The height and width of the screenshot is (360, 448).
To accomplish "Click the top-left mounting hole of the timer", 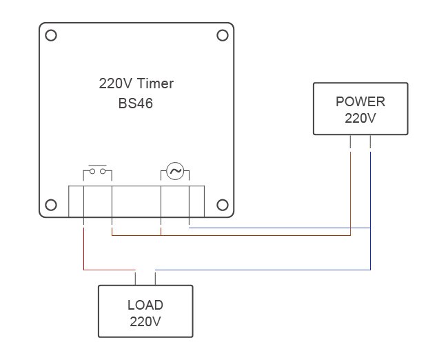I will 50,34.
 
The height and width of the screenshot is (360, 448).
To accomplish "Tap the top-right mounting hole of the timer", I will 222,34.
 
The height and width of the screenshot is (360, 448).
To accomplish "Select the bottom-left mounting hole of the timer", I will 50,205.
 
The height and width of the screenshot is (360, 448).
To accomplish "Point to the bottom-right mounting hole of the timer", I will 222,205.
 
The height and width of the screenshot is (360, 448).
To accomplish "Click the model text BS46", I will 136,105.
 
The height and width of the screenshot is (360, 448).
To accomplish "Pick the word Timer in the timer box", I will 155,84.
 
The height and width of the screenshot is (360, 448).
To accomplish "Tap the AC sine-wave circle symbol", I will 175,171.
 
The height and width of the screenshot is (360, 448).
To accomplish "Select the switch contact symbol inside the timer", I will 97,171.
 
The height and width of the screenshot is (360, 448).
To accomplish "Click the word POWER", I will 360,101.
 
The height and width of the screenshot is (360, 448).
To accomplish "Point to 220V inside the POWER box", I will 360,118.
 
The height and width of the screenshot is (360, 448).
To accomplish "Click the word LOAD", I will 145,305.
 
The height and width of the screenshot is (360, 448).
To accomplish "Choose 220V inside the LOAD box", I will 145,321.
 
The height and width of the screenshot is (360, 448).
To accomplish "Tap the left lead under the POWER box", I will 351,142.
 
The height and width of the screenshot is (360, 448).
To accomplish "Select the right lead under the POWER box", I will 371,142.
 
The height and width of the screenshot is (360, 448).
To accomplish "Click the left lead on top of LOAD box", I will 135,277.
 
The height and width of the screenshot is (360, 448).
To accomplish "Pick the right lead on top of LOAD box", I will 155,277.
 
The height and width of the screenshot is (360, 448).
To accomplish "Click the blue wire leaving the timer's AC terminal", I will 276,227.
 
